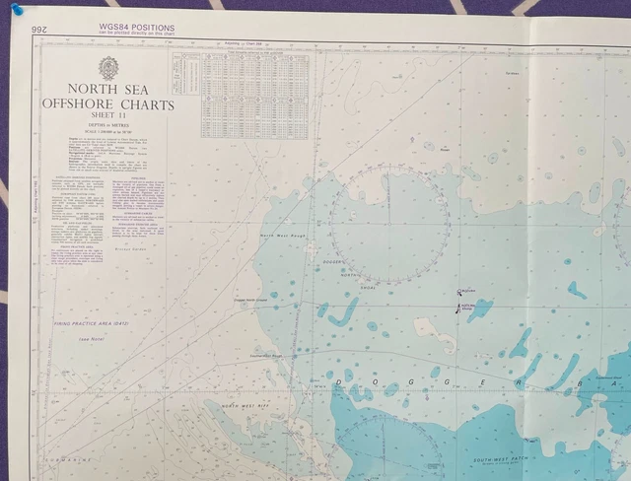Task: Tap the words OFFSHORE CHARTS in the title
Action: click(107, 104)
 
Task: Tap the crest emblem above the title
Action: click(107, 68)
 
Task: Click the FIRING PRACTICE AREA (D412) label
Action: click(91, 323)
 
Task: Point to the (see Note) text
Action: click(92, 338)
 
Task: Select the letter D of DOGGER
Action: click(340, 380)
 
